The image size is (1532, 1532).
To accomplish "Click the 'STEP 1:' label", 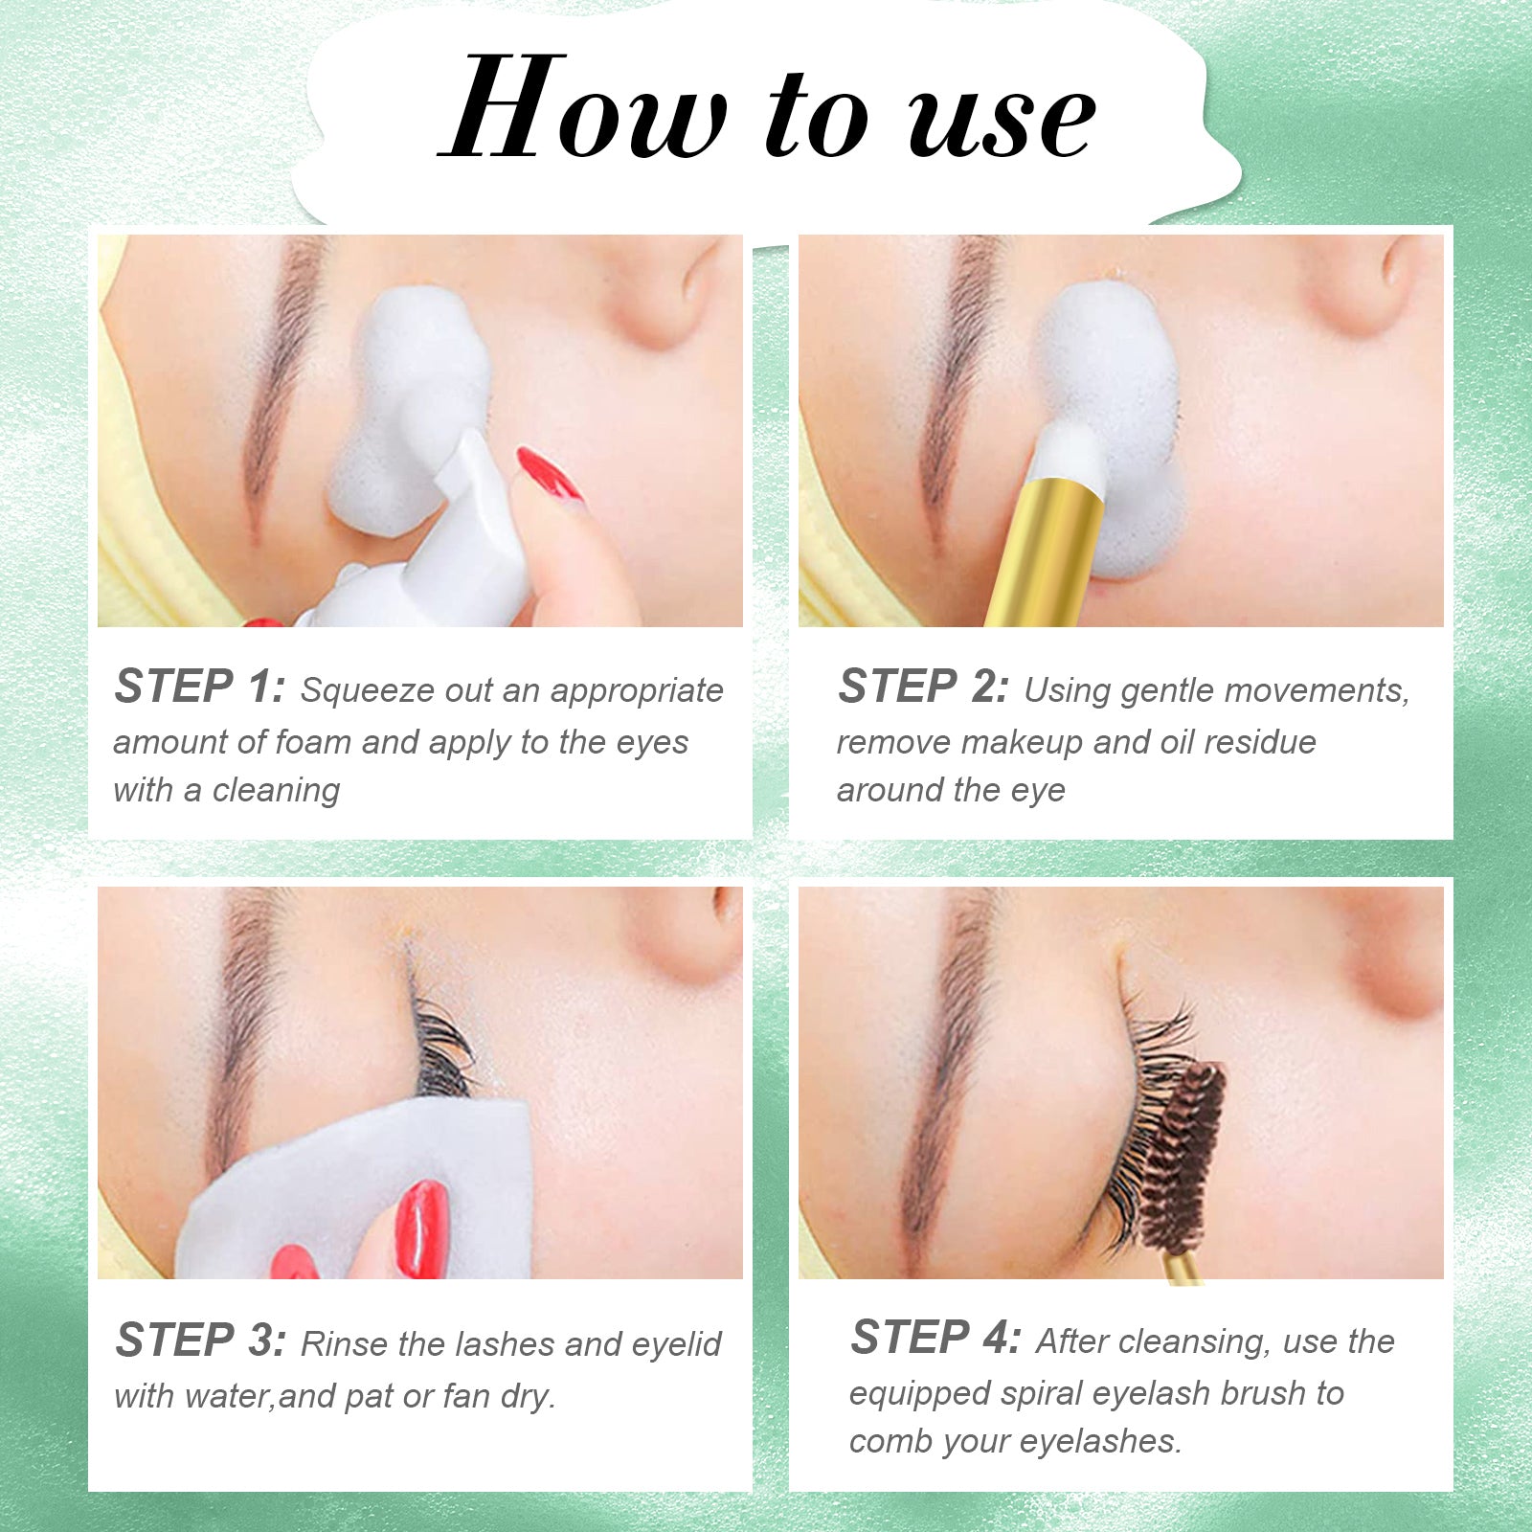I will point(198,687).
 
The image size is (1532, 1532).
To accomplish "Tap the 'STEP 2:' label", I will point(922,687).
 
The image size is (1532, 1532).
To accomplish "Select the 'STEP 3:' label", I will point(200,1340).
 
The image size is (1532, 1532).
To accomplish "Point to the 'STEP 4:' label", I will point(935,1338).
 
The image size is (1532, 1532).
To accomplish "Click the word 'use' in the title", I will point(1001,120).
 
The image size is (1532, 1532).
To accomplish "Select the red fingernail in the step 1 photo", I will point(548,473).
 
